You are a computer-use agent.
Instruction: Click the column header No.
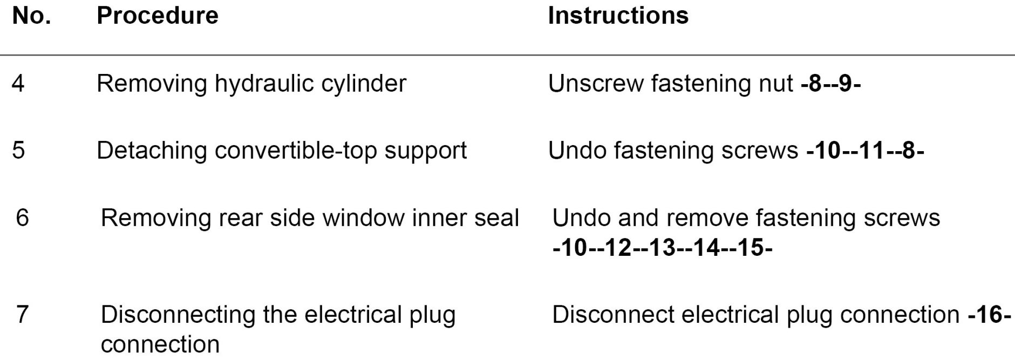click(31, 16)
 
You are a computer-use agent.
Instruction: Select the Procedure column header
click(158, 16)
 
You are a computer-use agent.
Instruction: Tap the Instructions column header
click(618, 16)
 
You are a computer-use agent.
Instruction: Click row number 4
click(18, 84)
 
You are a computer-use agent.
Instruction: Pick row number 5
click(18, 150)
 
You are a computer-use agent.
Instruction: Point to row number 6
click(22, 218)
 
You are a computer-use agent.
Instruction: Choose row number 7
click(22, 315)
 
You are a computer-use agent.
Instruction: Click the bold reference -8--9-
click(830, 84)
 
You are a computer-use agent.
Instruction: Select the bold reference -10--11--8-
click(865, 150)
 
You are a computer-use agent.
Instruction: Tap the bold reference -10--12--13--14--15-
click(662, 248)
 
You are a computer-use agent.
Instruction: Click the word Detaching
click(151, 150)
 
